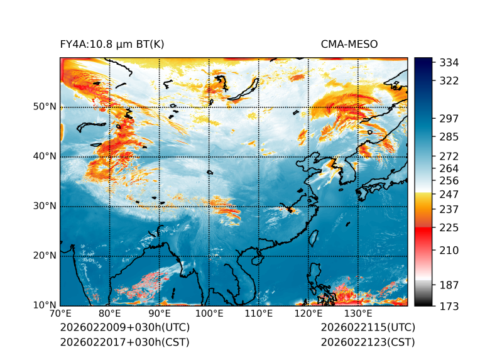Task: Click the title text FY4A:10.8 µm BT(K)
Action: [x=112, y=44]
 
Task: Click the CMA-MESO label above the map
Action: [x=349, y=44]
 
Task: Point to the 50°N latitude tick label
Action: [x=45, y=107]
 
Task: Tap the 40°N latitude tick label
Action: [x=45, y=156]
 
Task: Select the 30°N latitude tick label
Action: [x=45, y=206]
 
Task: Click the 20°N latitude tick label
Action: [x=45, y=256]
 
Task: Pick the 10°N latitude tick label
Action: [x=45, y=305]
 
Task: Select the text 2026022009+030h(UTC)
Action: [x=124, y=328]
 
